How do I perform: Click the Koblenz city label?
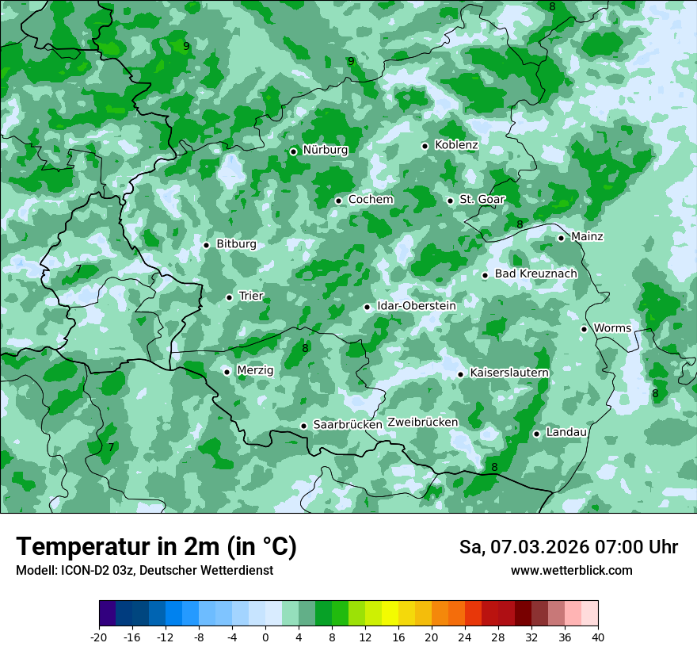[456, 145]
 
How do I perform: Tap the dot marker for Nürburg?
[293, 151]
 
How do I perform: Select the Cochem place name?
[370, 200]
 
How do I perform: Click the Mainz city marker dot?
[561, 238]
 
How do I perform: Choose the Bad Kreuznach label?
[535, 274]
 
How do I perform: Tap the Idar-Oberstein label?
[417, 306]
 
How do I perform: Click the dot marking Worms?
[584, 329]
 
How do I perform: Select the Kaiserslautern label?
[509, 373]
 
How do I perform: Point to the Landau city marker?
[536, 434]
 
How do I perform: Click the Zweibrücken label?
[422, 423]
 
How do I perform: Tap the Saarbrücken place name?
[348, 425]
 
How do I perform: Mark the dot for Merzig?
[227, 371]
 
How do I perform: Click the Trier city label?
[251, 296]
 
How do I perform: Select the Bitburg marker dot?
[206, 245]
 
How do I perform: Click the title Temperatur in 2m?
[156, 547]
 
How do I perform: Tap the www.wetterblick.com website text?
[571, 571]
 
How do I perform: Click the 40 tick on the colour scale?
[598, 637]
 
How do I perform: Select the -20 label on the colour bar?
[99, 637]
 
